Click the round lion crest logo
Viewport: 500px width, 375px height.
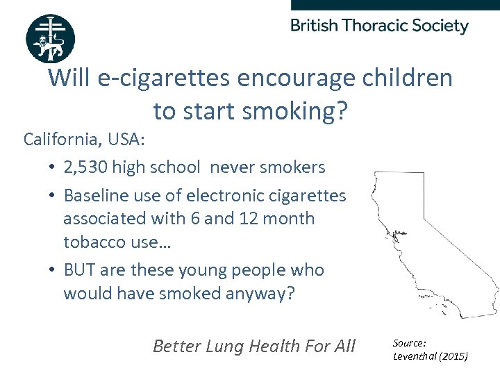pyautogui.click(x=50, y=38)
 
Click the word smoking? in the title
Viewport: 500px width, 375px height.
pyautogui.click(x=302, y=111)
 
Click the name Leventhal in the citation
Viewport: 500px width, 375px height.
pyautogui.click(x=417, y=356)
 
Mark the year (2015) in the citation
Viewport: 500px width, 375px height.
pyautogui.click(x=456, y=356)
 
